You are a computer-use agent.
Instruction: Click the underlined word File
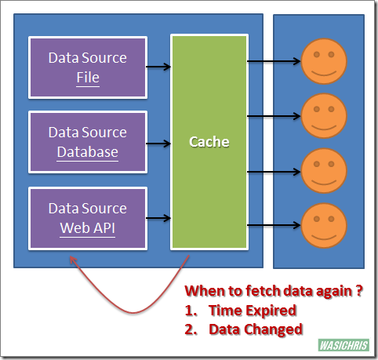point(88,78)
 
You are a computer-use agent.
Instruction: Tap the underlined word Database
point(88,152)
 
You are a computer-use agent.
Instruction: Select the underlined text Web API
point(88,228)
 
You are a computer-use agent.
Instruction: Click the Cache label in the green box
point(209,142)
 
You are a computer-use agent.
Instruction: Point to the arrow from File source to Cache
point(158,67)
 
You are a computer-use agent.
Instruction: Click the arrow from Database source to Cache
point(158,144)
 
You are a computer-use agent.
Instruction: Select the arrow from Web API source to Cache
point(158,218)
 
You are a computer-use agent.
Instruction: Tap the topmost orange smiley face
point(324,61)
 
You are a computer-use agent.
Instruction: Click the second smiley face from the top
point(324,116)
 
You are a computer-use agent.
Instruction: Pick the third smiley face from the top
point(324,171)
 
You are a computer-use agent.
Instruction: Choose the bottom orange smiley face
point(324,226)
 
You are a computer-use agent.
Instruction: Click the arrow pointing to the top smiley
point(274,61)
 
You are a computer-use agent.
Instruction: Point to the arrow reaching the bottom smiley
point(274,225)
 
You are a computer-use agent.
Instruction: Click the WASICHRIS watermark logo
point(343,345)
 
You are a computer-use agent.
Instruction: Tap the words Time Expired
point(253,311)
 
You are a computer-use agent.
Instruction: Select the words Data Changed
point(256,329)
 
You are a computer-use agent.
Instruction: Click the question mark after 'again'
point(359,291)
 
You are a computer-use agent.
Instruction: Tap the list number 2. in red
point(191,329)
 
